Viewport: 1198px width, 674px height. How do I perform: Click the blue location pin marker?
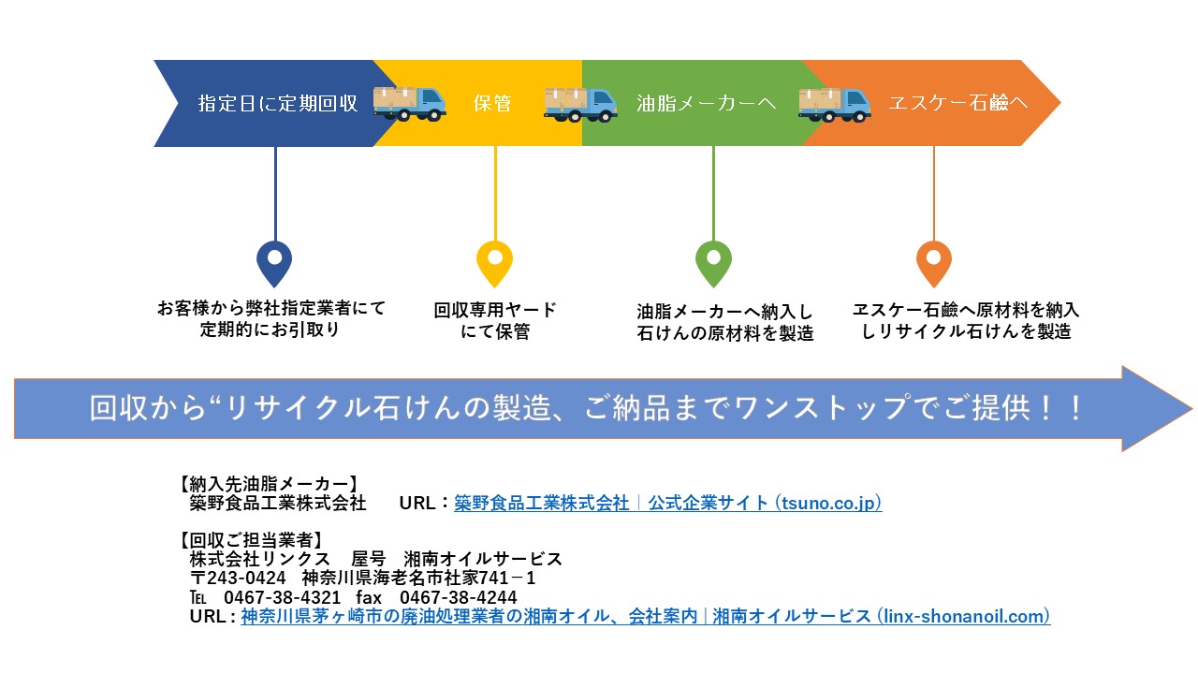tap(274, 264)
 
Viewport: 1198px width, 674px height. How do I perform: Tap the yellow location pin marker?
tap(495, 264)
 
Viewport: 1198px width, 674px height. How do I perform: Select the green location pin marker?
tap(713, 264)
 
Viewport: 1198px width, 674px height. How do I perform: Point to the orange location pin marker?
tap(934, 264)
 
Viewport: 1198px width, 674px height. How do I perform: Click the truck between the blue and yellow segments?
tap(409, 104)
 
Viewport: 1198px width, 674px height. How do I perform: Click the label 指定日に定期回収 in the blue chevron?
tap(278, 103)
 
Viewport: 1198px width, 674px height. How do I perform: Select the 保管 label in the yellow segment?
tap(492, 103)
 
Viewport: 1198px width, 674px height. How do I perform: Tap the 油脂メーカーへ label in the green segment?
tap(706, 103)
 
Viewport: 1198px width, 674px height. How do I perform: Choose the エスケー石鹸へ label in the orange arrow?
tap(958, 103)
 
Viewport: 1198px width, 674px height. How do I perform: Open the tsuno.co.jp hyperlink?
tap(668, 503)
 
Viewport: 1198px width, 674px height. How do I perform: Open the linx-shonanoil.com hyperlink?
tap(646, 616)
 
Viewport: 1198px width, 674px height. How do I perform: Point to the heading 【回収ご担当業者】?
tap(251, 540)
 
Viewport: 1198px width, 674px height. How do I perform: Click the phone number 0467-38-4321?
tap(282, 597)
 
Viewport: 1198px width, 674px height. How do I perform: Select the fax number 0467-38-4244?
tap(459, 597)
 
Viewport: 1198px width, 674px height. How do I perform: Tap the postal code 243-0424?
tap(246, 579)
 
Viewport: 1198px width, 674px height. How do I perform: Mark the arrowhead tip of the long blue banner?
tap(1192, 409)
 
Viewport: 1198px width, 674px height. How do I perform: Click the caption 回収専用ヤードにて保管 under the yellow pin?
tap(495, 320)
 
